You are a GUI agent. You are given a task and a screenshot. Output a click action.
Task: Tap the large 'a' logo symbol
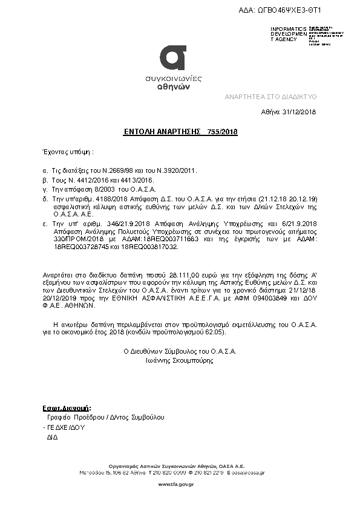coord(173,59)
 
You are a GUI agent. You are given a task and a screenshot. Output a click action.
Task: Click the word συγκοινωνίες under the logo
coord(174,79)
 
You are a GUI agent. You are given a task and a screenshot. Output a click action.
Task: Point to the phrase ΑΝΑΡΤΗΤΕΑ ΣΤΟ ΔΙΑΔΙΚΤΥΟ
coord(270,97)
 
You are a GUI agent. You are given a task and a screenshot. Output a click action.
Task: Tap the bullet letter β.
coord(45,180)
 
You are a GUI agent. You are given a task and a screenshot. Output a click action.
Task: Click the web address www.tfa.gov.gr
coord(180,485)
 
